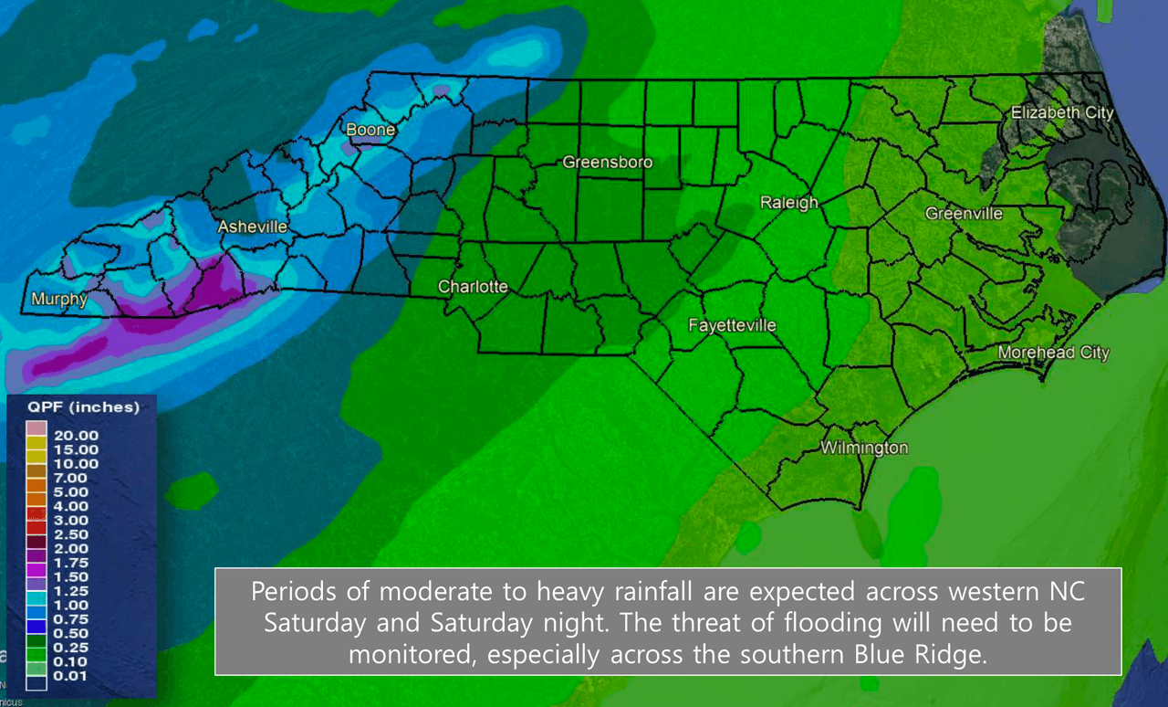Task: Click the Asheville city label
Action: pos(253,227)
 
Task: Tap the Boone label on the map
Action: pos(370,130)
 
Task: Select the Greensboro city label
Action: pos(608,163)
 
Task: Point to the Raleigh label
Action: pos(789,203)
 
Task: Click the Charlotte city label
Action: pos(473,287)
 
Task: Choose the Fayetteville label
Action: pos(732,325)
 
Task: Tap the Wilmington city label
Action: pos(864,448)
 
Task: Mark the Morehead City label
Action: pos(1053,353)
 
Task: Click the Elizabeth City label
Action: pos(1062,112)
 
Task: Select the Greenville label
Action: pos(964,214)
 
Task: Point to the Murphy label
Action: pos(59,299)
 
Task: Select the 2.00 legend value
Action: pos(70,548)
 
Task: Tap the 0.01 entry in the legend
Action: pos(70,675)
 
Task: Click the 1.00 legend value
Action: pos(70,605)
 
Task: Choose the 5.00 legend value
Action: pos(70,491)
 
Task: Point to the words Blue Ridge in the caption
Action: pos(911,655)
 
